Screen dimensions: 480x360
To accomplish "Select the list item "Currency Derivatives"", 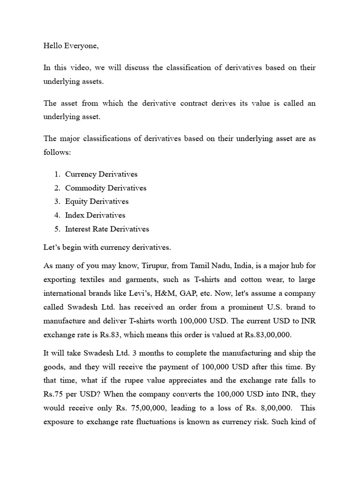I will (x=101, y=174).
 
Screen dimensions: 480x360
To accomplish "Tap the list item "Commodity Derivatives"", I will (x=105, y=188).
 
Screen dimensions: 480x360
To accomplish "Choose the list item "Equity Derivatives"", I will (x=97, y=202).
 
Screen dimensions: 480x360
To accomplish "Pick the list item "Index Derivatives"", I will (x=95, y=215).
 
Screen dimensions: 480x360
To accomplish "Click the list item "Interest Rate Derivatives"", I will (x=107, y=229).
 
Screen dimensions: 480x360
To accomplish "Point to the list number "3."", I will (x=57, y=202).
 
